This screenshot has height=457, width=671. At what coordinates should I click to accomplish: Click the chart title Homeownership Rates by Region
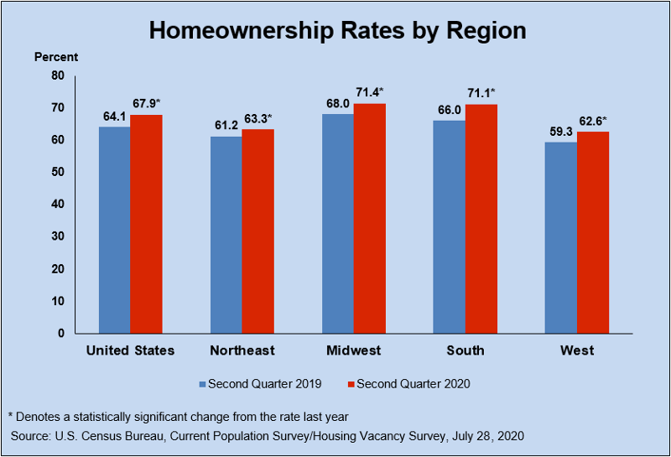tap(337, 31)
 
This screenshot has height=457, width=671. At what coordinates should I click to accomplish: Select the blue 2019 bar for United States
tap(114, 230)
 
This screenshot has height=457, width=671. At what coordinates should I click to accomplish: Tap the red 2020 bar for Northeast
tap(258, 231)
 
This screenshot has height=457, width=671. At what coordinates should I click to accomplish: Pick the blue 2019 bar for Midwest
tap(337, 223)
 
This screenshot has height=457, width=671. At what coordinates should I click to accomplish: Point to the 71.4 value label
tap(367, 91)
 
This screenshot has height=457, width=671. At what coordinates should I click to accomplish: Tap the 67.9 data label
tap(144, 103)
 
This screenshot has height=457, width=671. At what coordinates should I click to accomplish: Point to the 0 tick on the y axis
tap(60, 334)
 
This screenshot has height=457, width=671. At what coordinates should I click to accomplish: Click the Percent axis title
tap(56, 57)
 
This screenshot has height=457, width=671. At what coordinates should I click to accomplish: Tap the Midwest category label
tap(353, 351)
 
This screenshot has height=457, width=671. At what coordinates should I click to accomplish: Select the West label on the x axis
tap(576, 351)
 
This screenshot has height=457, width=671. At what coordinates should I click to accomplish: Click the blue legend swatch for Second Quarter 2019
tap(202, 384)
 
